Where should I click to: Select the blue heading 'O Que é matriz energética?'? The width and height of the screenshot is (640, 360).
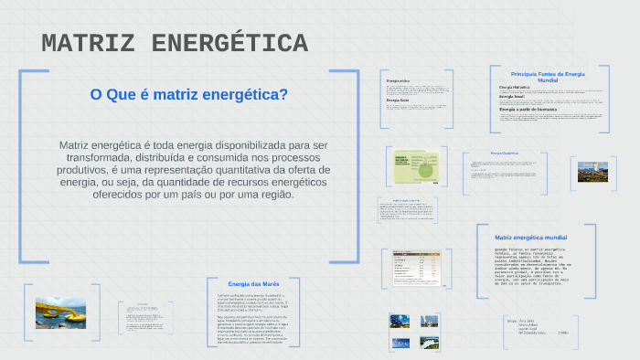pyautogui.click(x=189, y=94)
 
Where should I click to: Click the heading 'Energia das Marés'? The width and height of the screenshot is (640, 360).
pyautogui.click(x=253, y=284)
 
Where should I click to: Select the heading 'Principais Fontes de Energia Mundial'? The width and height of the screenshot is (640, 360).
pyautogui.click(x=548, y=77)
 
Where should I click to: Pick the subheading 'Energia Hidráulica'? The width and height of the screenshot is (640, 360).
pyautogui.click(x=515, y=87)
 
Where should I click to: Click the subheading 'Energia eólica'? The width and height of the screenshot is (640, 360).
pyautogui.click(x=398, y=81)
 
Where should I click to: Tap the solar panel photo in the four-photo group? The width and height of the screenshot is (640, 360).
pyautogui.click(x=399, y=321)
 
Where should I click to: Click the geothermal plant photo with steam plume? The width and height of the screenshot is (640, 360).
pyautogui.click(x=592, y=171)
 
